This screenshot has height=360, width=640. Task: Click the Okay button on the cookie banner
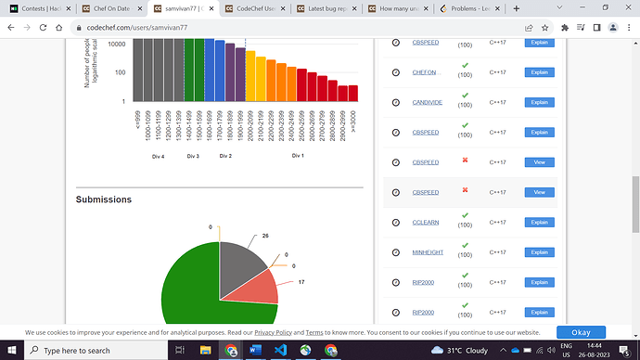coord(581,332)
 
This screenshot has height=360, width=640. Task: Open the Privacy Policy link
coord(273,332)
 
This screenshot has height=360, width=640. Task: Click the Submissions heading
coord(104,199)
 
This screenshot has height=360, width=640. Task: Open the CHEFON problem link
coord(424,72)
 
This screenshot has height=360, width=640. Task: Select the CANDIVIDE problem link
coord(428,102)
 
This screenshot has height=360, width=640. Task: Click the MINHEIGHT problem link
coord(428,252)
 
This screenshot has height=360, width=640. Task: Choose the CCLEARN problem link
coord(426,223)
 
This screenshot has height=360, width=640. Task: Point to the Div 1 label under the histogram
coord(297,156)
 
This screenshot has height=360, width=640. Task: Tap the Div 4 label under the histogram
coord(159,156)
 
